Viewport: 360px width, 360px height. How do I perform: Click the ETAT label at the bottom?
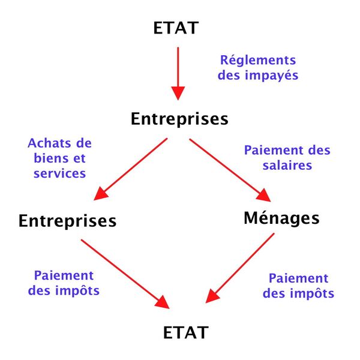pos(186,332)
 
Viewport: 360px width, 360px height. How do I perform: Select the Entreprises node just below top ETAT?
pos(179,119)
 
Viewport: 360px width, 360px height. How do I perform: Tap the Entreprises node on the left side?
pos(67,220)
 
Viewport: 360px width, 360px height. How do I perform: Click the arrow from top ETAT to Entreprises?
pos(178,72)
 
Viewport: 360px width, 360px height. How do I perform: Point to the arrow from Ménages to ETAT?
pos(240,267)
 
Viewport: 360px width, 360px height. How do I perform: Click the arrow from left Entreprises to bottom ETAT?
pos(124,271)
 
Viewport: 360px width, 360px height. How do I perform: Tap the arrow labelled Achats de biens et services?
pos(131,168)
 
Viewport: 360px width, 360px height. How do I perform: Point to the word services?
pos(60,173)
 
